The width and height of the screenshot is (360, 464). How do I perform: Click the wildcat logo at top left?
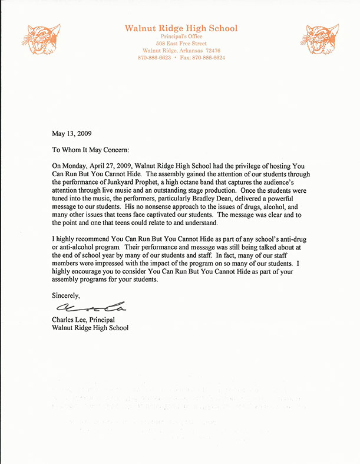[x=41, y=40]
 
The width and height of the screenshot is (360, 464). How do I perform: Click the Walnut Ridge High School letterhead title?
[x=181, y=28]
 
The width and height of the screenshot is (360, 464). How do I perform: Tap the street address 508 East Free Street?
[x=181, y=44]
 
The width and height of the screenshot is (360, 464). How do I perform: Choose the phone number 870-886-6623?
[x=154, y=58]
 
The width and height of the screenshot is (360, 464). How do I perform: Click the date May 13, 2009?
[x=72, y=133]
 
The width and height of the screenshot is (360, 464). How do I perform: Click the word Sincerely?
[x=65, y=294]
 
